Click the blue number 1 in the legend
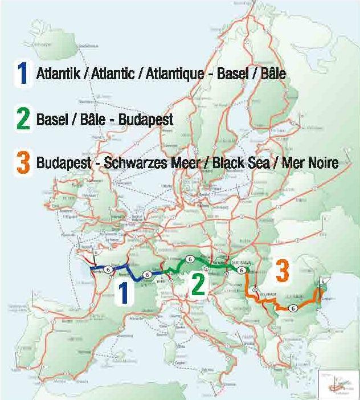coord(23,74)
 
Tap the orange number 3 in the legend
coord(23,163)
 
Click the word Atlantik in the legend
coord(54,74)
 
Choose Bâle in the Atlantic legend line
coord(273,74)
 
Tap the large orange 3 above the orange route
coord(282,271)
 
